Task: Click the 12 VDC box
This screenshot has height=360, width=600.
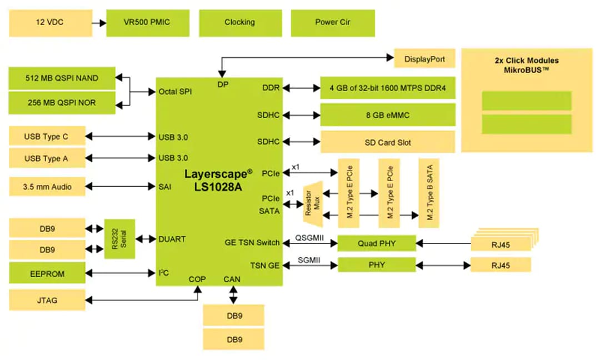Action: click(x=51, y=23)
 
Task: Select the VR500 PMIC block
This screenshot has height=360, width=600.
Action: click(x=148, y=23)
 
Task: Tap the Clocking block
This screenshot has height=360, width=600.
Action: click(x=239, y=23)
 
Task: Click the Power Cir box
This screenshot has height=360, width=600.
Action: click(x=333, y=23)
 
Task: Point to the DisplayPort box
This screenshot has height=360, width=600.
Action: click(x=424, y=59)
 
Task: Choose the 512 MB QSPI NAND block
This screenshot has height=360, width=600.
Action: click(x=62, y=78)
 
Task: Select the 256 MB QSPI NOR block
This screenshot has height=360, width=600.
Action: click(x=62, y=102)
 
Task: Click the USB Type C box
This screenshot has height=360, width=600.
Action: click(x=47, y=136)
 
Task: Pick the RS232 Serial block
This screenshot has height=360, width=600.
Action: click(x=120, y=238)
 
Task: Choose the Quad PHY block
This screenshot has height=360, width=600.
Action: click(x=377, y=243)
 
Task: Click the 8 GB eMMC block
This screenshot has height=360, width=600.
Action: click(x=388, y=115)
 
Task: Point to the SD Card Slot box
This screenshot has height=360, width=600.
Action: click(x=388, y=142)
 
